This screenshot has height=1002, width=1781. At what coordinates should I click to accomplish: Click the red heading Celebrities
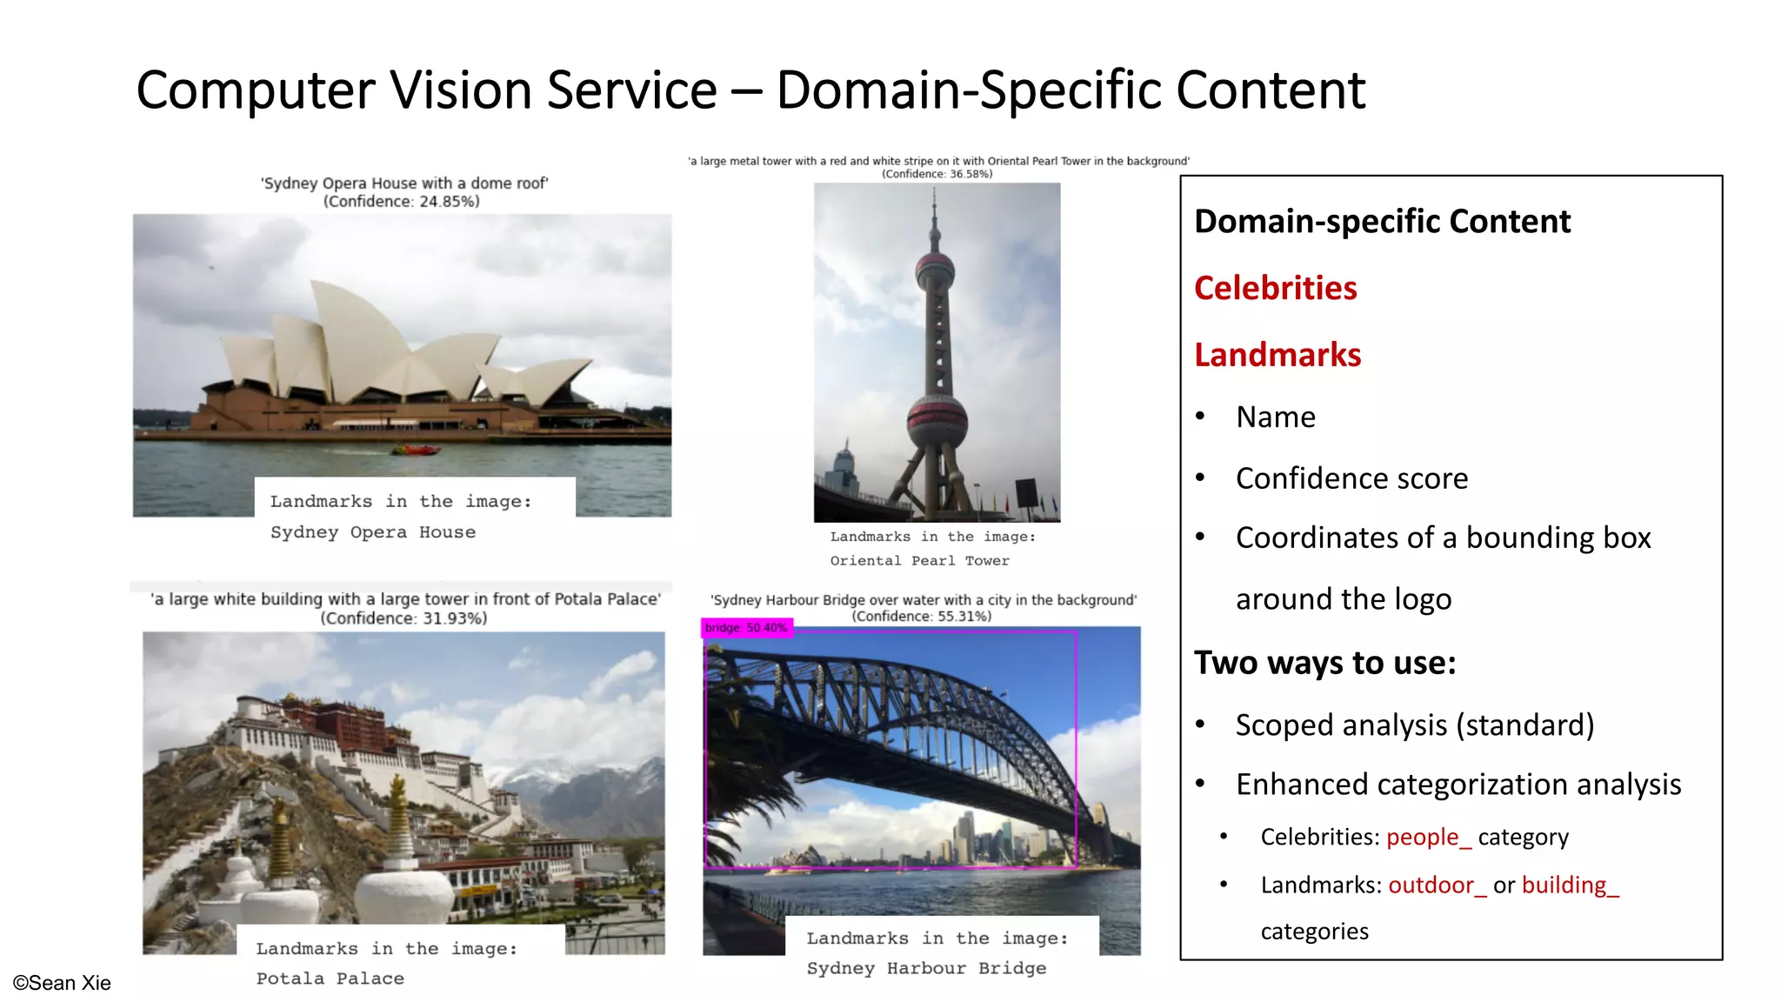click(x=1275, y=288)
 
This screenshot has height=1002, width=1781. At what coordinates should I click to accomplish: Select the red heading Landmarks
click(x=1277, y=355)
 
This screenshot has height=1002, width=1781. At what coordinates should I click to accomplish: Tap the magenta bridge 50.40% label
click(x=746, y=627)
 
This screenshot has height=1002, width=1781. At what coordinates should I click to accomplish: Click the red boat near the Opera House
click(x=417, y=450)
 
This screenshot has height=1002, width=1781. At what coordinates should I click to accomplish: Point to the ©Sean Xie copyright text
click(x=62, y=983)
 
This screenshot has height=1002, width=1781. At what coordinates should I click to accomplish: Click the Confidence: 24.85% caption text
click(x=401, y=202)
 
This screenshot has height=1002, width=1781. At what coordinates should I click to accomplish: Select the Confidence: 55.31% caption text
click(x=922, y=617)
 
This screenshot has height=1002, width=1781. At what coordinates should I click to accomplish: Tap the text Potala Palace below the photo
click(x=330, y=979)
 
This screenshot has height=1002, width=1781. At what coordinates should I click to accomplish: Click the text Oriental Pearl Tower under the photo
click(x=919, y=561)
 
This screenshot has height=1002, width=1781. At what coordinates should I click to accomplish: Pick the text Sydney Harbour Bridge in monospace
click(x=926, y=968)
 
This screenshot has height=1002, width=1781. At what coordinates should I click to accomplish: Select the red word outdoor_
click(x=1437, y=885)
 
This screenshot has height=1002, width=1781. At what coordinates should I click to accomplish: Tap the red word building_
click(x=1570, y=885)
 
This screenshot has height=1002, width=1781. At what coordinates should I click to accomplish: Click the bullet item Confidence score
click(x=1351, y=478)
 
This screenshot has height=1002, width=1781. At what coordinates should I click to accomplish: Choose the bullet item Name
click(x=1276, y=417)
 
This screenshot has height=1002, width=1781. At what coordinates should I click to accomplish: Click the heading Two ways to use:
click(x=1324, y=663)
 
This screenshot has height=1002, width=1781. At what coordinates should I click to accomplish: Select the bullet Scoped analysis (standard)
click(x=1414, y=725)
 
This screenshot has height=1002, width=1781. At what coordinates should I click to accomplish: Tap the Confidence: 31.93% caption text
click(x=404, y=618)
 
